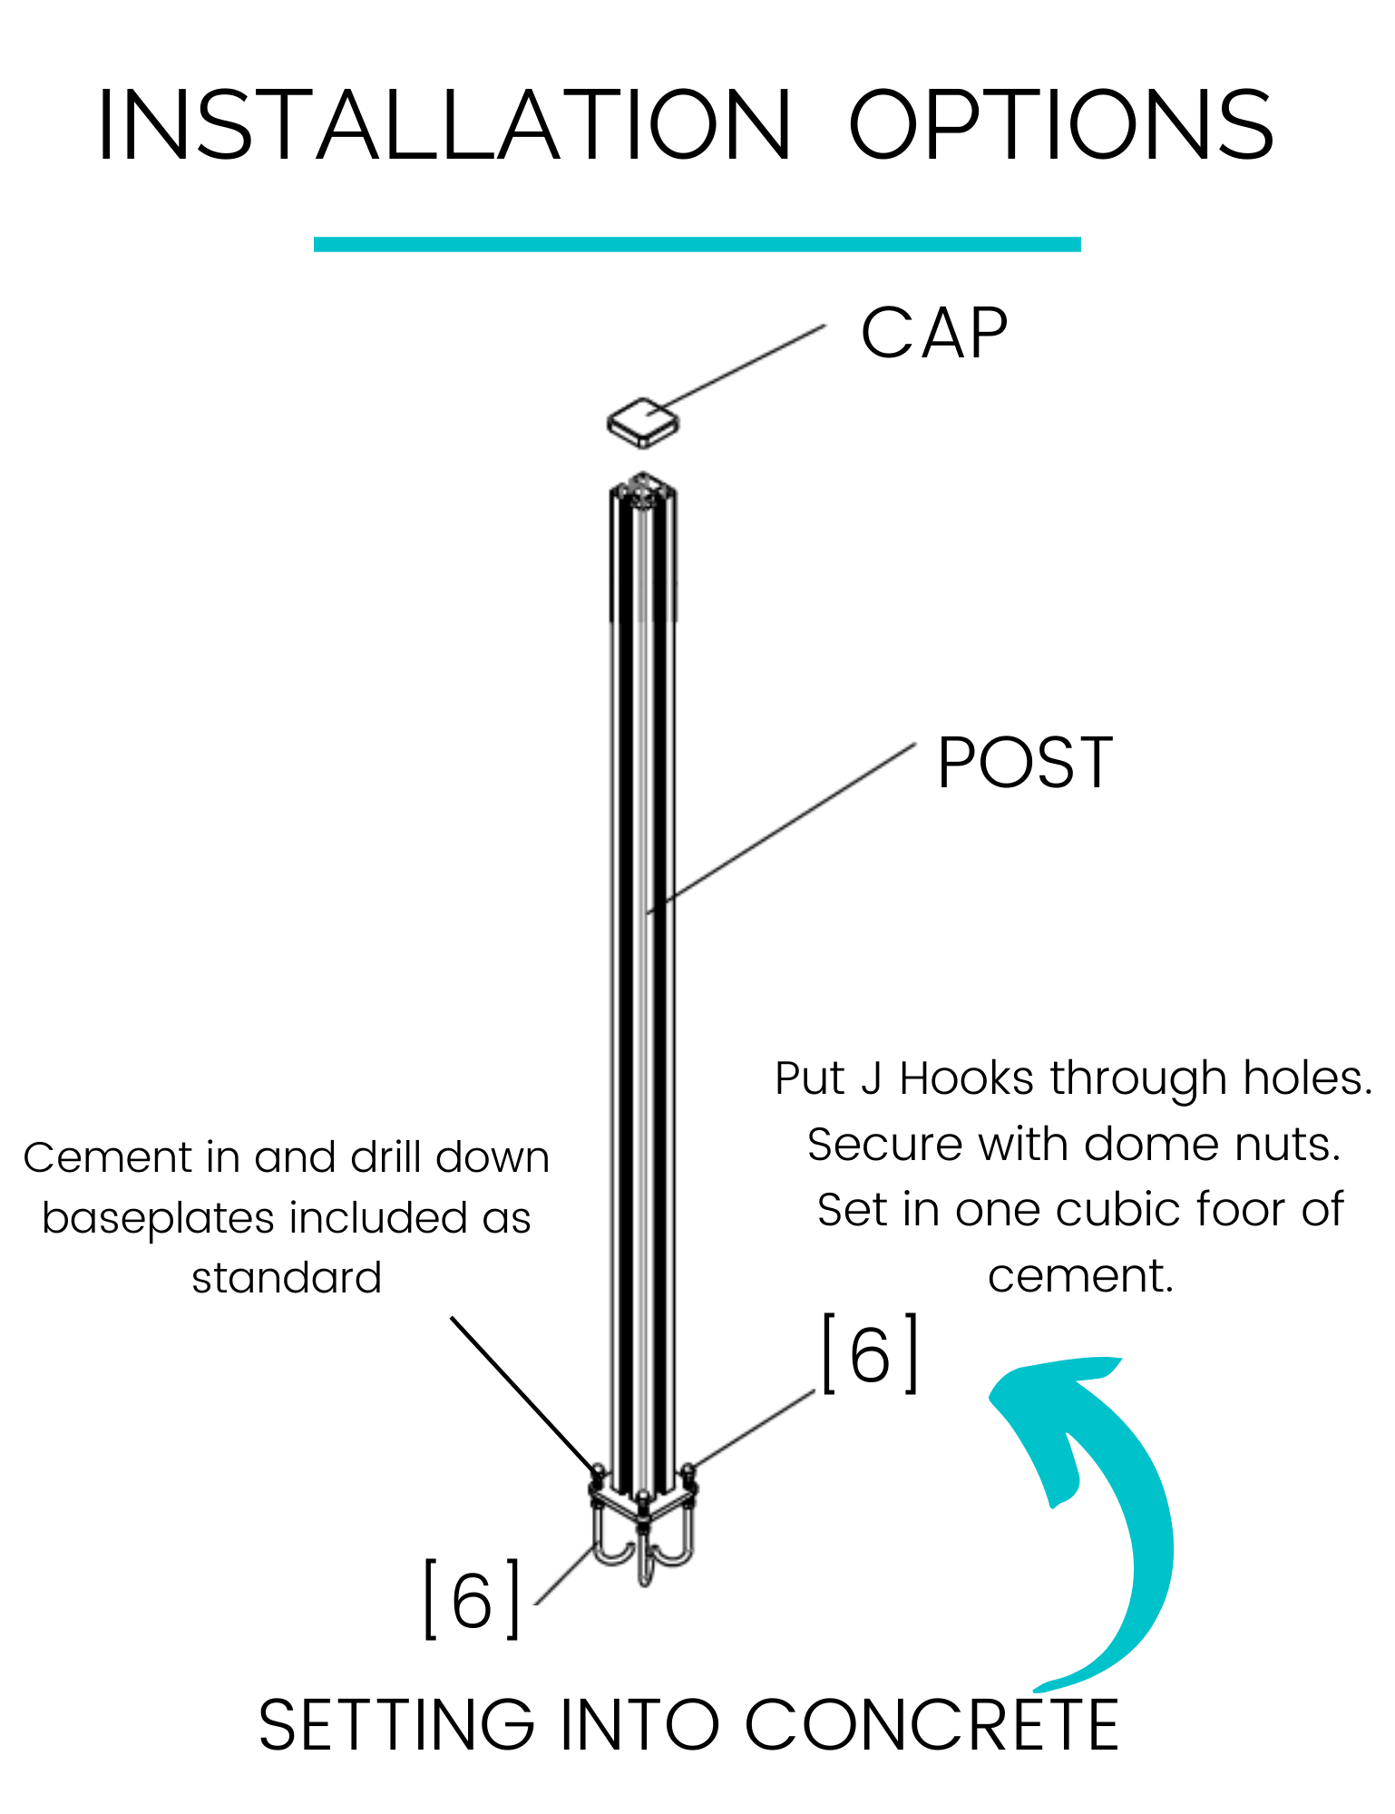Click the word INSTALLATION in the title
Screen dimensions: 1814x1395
pyautogui.click(x=444, y=126)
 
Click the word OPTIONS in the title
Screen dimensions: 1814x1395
pyautogui.click(x=1061, y=126)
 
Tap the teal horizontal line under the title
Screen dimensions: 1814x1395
pyautogui.click(x=697, y=244)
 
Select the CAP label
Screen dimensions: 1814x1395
pyautogui.click(x=934, y=334)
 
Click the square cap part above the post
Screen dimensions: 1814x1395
pyautogui.click(x=642, y=423)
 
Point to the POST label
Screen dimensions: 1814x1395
pyautogui.click(x=1025, y=763)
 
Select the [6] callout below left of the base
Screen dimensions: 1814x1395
pyautogui.click(x=472, y=1600)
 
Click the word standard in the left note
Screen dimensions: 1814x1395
pyautogui.click(x=287, y=1278)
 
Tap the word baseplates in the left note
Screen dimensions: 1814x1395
pyautogui.click(x=158, y=1218)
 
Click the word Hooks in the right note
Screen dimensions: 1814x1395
pyautogui.click(x=966, y=1079)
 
